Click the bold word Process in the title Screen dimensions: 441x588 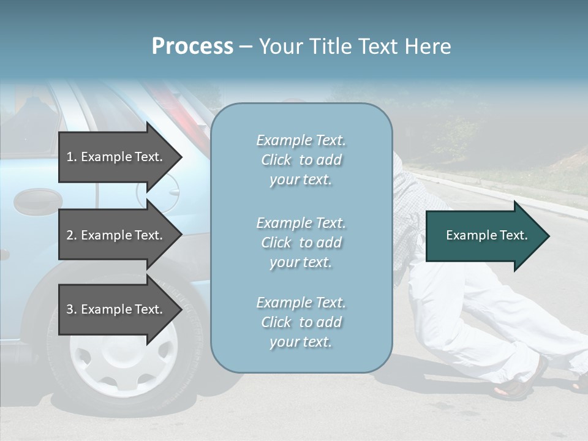192,47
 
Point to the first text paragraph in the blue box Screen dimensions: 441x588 301,160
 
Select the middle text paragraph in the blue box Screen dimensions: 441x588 301,242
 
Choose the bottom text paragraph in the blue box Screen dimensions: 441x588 301,322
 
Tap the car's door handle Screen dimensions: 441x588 37,200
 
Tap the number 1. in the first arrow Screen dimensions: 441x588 71,157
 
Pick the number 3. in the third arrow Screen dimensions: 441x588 71,309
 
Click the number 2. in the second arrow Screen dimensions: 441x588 71,235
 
